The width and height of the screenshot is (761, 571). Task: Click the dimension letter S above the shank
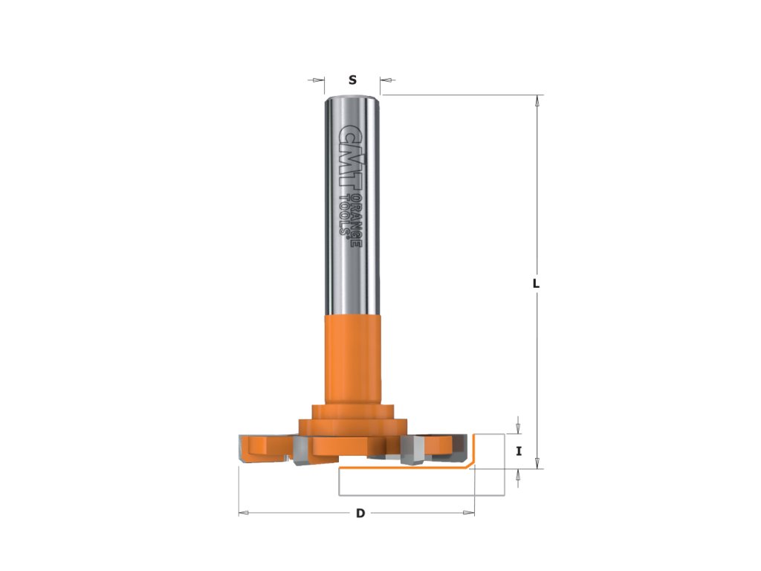point(353,80)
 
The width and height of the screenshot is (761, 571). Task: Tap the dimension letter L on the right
point(536,283)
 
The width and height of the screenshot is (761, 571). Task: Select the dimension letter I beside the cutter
point(519,451)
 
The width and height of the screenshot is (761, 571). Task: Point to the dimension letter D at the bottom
point(360,513)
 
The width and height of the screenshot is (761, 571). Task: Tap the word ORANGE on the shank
point(356,220)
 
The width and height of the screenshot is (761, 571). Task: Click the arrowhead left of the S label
point(318,80)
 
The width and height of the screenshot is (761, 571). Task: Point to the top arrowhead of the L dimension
point(537,101)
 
